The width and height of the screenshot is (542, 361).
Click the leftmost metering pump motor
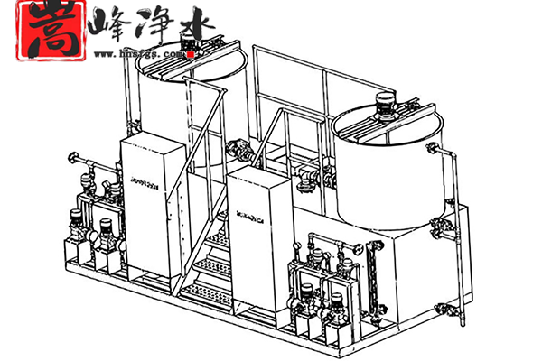(75, 219)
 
